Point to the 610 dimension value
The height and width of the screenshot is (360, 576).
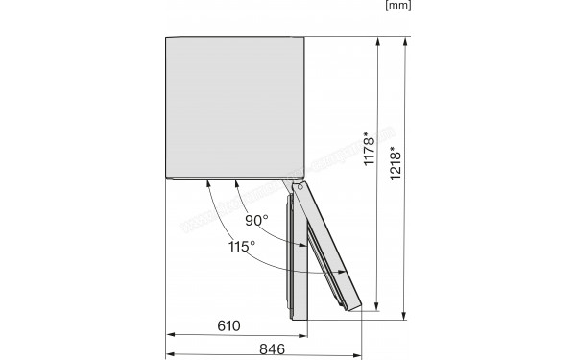point(228,325)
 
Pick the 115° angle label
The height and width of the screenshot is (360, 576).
point(240,247)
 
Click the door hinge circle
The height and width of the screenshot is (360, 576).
point(301,188)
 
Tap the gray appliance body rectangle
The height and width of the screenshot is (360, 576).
point(236,108)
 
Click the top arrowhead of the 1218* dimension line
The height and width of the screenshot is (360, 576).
point(405,42)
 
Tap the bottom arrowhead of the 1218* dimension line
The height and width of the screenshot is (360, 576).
point(405,313)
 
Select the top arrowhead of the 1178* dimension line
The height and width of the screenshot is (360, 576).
point(378,42)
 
